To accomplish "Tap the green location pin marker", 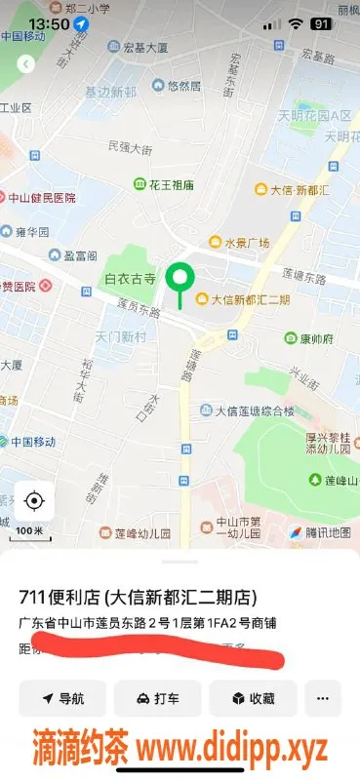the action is pos(179,279).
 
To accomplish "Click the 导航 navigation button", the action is pos(62,698).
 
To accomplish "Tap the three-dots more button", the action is pos(323,698).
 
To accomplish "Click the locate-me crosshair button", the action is pos(34,501).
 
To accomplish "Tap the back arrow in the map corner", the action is pos(26,64).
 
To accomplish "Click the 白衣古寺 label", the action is pos(131,279).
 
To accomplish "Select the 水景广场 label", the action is pos(239,242).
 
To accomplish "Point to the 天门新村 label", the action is pos(120,335).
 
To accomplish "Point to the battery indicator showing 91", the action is pos(320,23).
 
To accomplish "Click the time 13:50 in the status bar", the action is pos(49,23).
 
